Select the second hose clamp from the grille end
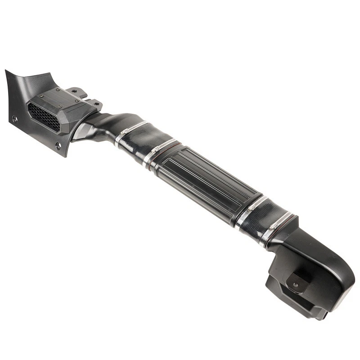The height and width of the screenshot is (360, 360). [x=164, y=147]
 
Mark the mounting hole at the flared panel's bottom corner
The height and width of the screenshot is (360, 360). [x=58, y=146]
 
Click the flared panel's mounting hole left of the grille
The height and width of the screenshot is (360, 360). [x=15, y=119]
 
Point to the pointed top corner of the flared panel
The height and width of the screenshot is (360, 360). [x=7, y=72]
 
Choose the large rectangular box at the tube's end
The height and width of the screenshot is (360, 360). [x=310, y=274]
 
